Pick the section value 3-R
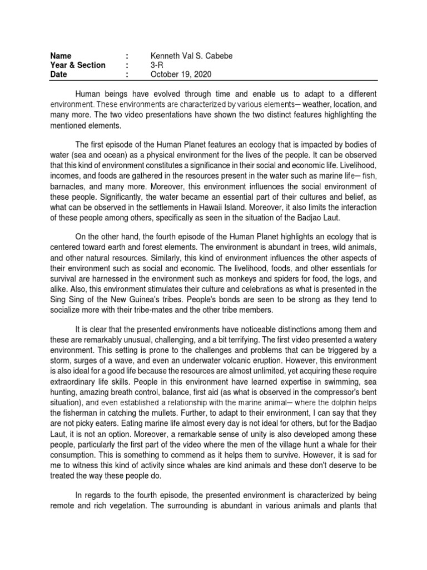pyautogui.click(x=158, y=65)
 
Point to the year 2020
pyautogui.click(x=202, y=75)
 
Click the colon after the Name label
pyautogui.click(x=127, y=55)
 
